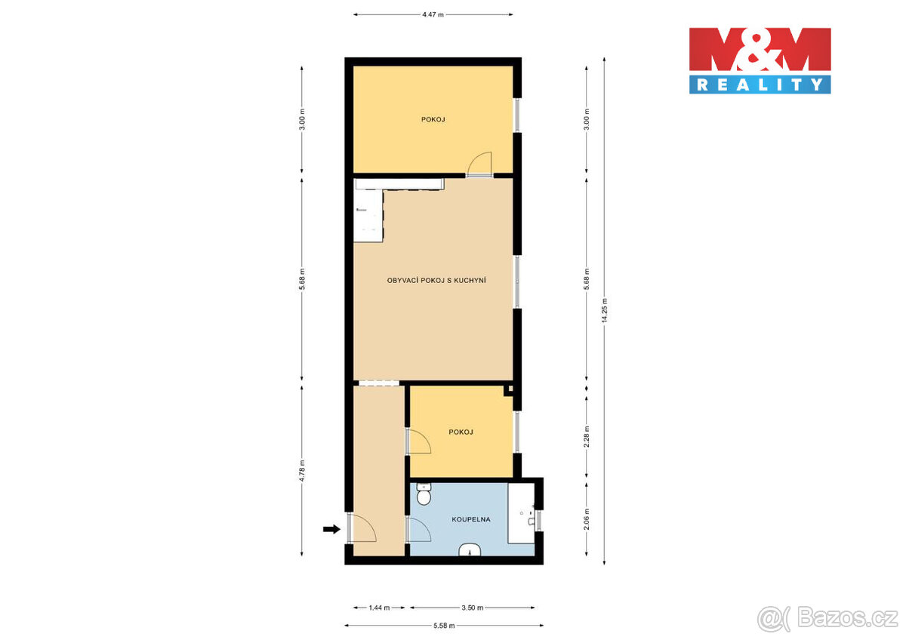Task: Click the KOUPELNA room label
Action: [x=471, y=519]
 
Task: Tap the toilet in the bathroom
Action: [x=424, y=494]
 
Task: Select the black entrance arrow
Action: [x=331, y=529]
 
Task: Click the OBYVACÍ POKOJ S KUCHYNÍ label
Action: [x=436, y=280]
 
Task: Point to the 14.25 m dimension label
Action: [x=605, y=310]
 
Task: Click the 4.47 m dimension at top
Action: [x=433, y=14]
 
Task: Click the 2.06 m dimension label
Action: [x=587, y=519]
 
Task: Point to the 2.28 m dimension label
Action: [x=587, y=436]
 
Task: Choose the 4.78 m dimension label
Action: [x=302, y=471]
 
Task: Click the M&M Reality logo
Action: [x=760, y=60]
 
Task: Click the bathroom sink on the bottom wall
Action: [x=470, y=550]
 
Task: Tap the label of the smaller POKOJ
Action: [x=461, y=432]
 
